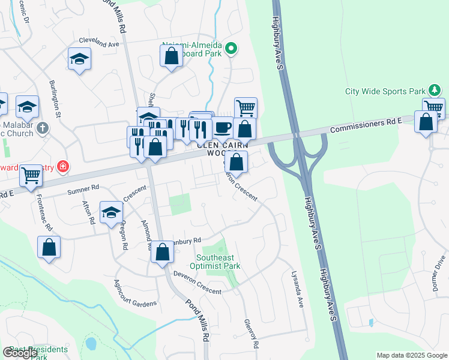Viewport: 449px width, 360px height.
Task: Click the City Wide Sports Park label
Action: click(x=385, y=92)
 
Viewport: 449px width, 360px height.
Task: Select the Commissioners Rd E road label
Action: click(x=366, y=124)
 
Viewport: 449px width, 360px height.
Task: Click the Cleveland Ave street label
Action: click(x=99, y=44)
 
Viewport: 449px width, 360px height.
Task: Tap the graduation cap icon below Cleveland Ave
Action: click(x=79, y=59)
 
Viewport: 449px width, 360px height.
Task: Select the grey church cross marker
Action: click(x=42, y=128)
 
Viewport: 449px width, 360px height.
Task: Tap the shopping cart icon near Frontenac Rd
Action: click(x=31, y=175)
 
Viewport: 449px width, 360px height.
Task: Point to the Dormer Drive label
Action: click(x=439, y=273)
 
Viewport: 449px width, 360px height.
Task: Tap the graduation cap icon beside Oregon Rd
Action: click(x=111, y=212)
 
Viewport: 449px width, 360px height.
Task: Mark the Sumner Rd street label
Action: click(x=82, y=191)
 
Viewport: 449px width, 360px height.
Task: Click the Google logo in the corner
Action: click(x=20, y=352)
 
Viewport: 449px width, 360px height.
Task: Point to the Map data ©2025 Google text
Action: click(x=411, y=355)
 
